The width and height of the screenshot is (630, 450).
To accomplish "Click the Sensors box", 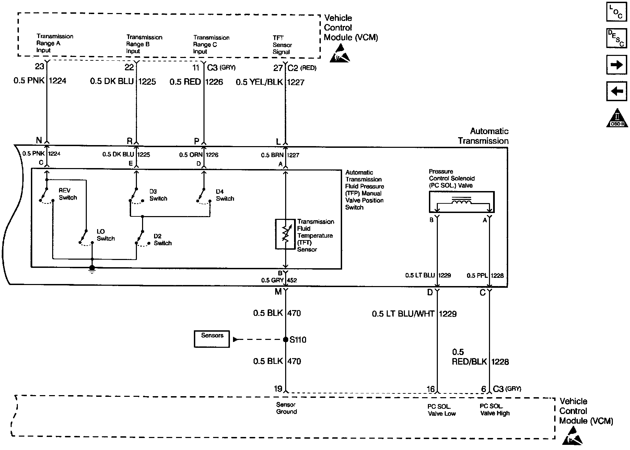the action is coord(212,339).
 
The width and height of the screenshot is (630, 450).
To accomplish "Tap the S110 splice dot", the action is coord(285,340).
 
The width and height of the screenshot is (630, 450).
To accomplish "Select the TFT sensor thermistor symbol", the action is coord(285,234).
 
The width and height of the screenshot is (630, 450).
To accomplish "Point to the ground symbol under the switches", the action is coord(92,270).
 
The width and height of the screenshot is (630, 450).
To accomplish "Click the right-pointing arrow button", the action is coord(617,65).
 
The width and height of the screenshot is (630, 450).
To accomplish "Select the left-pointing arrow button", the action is coord(617,91).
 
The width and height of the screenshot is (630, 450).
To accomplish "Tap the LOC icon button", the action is coord(617,12).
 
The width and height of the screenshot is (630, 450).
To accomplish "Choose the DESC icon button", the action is coord(617,38).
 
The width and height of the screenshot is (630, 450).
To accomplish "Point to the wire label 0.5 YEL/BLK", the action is coord(259,82).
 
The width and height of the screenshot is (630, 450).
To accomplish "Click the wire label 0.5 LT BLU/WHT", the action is coord(403,314).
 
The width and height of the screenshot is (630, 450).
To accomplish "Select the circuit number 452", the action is coord(292,280).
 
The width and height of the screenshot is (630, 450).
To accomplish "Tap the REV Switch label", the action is coord(68,194).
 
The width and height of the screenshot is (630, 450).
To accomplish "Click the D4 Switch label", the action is coord(225,195).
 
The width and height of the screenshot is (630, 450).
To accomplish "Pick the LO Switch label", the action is coord(105,235).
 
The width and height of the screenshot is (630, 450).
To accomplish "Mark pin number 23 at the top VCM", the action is coord(39,66).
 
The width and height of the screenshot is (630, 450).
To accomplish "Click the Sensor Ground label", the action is coord(286,408).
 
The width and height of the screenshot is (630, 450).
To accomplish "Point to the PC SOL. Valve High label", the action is coord(494,410).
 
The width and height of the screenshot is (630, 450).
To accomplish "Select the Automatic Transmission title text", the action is coord(483,136).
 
